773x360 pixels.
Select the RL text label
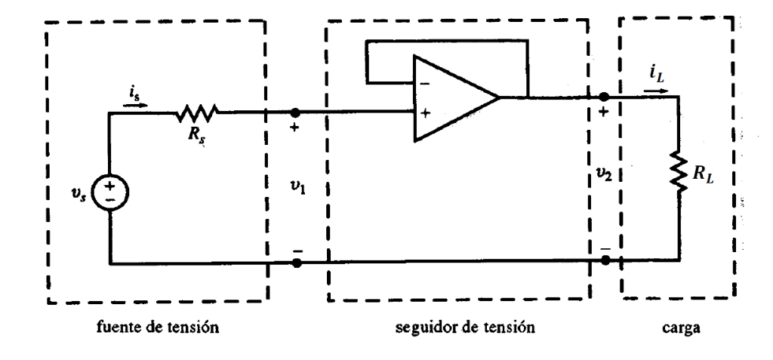point(705,176)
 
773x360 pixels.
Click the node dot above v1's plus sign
point(295,113)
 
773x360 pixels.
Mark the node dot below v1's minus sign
point(296,263)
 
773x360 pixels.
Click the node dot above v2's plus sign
point(604,97)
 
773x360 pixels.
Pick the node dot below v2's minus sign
point(605,260)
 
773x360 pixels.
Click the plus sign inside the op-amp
point(425,114)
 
